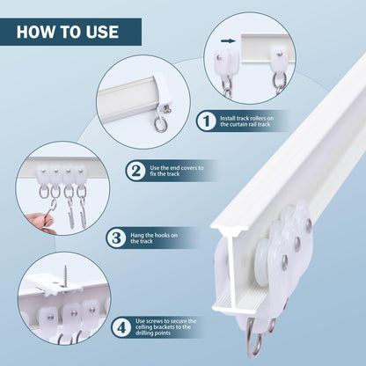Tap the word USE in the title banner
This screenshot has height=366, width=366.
(x=99, y=33)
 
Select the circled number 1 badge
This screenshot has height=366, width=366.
(x=205, y=121)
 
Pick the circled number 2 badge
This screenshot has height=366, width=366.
(x=135, y=171)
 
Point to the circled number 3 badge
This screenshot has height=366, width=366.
(x=117, y=237)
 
